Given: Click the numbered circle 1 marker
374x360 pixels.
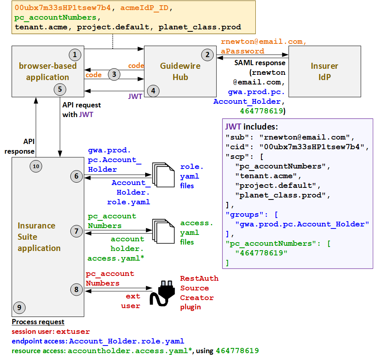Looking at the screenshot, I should click(75, 54).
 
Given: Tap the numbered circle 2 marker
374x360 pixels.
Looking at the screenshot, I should click(207, 54).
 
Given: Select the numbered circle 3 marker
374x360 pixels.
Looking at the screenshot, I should click(114, 74).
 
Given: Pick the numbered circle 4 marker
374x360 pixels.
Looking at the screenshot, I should click(153, 91).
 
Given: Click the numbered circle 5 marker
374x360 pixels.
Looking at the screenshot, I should click(60, 89).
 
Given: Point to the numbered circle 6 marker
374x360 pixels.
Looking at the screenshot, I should click(76, 176).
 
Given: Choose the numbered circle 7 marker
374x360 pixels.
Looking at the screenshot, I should click(76, 231).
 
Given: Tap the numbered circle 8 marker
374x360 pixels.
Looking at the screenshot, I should click(76, 288).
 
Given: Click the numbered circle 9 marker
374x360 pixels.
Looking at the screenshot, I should click(19, 308).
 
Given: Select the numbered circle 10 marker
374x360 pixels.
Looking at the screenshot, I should click(36, 166).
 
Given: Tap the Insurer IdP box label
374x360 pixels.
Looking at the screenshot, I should click(324, 71).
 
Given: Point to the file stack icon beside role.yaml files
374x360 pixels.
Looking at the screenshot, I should click(163, 174).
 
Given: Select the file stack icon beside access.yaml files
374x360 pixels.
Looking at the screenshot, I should click(163, 230).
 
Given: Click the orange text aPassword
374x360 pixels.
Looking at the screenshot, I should click(242, 51).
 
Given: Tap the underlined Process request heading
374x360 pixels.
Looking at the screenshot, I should click(38, 322).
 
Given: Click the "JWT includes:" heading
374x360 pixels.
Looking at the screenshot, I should click(252, 127).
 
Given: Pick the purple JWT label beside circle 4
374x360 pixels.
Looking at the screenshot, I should click(135, 97).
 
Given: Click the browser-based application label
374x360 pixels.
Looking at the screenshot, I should click(47, 71).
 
